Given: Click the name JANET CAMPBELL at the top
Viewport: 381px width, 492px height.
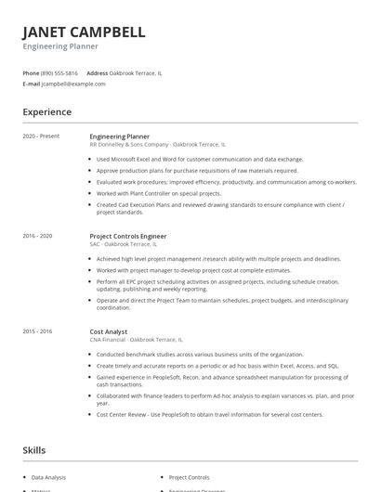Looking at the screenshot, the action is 84,32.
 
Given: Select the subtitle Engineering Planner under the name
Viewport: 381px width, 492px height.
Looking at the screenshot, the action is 60,46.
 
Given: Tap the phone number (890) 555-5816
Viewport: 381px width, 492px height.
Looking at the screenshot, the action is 59,72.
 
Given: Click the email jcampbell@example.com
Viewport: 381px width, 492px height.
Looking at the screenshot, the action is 73,84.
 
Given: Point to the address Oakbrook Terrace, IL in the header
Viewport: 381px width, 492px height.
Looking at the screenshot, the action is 136,72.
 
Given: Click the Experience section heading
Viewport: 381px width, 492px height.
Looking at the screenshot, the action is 46,112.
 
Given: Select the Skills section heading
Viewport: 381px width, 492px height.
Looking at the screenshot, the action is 33,450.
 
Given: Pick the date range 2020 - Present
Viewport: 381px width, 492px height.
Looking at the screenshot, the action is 41,136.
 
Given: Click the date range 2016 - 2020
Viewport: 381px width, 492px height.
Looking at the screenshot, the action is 37,236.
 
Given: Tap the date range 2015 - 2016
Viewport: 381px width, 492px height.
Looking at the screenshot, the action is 37,331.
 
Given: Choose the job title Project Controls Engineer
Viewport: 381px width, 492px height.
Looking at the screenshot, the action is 128,236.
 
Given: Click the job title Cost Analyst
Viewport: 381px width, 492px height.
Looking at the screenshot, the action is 109,331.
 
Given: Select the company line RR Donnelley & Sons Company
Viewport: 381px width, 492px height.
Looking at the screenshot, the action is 129,145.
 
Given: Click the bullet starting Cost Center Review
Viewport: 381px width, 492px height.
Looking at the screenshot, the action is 209,414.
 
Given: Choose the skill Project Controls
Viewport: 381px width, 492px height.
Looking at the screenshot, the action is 189,477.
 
